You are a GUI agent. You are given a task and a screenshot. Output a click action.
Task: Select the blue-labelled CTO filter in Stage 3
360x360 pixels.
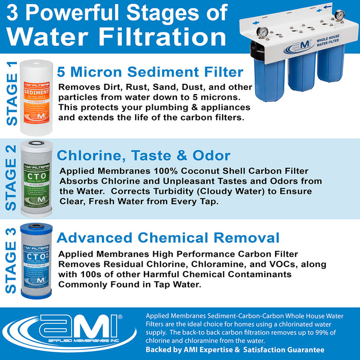(35, 261)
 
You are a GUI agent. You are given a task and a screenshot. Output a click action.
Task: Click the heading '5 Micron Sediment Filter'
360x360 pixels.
(150, 71)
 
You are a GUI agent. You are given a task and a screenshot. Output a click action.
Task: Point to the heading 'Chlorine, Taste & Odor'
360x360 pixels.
(143, 155)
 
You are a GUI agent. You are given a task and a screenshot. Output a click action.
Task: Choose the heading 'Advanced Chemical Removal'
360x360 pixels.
(168, 238)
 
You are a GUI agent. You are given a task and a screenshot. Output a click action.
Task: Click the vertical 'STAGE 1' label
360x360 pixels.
(11, 93)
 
